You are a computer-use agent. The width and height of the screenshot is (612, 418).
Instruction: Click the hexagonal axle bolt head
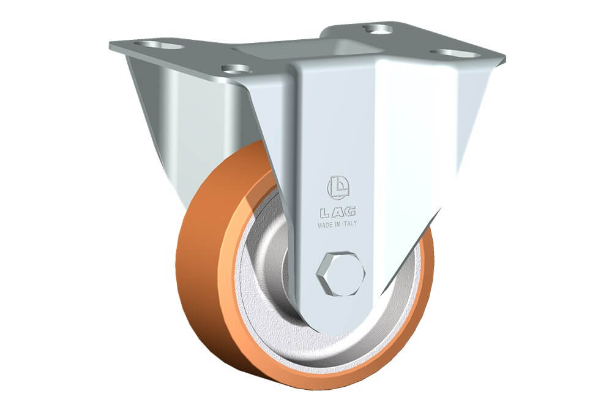tap(341, 273)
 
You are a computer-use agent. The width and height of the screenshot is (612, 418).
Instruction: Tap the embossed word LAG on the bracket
tap(338, 212)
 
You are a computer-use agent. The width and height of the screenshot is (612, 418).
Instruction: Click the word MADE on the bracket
tap(325, 225)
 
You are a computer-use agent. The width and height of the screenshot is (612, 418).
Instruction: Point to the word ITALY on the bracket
tap(349, 224)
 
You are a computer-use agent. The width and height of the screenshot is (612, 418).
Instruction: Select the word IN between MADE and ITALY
tap(337, 225)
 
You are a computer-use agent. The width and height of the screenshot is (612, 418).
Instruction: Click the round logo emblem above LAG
tap(338, 188)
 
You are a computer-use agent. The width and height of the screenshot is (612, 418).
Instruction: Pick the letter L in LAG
tap(325, 213)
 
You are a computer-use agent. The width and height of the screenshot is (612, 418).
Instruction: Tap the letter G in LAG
tap(351, 211)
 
